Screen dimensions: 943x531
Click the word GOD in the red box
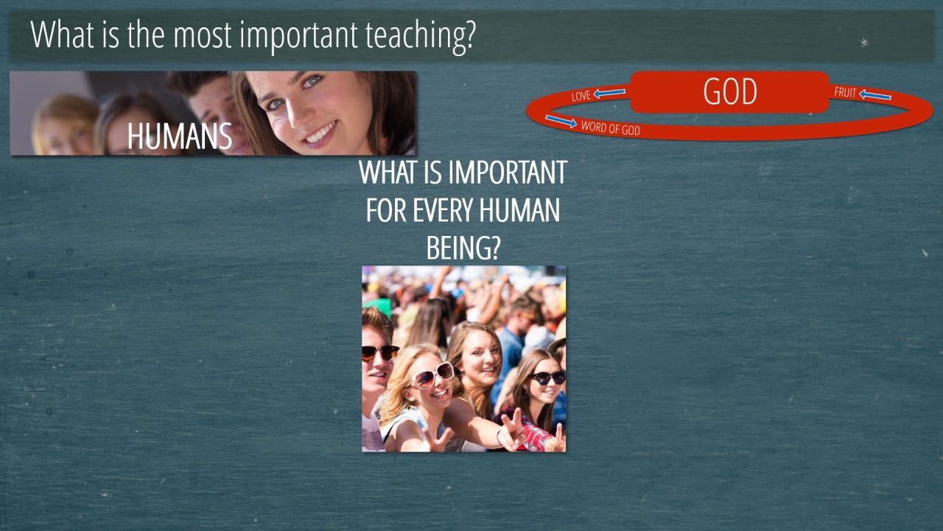730,91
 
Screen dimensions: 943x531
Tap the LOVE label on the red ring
581,96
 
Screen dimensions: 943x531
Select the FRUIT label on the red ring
845,92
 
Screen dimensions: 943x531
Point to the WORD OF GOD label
611,128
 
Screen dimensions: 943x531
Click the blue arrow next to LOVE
609,93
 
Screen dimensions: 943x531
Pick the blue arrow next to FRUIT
875,95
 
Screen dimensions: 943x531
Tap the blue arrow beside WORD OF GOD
561,121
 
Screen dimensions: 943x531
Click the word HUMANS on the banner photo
179,136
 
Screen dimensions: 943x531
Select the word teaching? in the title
420,35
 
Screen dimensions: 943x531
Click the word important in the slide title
298,36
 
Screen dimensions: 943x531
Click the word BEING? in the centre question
463,249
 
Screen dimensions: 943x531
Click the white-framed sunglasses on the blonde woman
431,375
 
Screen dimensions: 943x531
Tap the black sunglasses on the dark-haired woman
547,377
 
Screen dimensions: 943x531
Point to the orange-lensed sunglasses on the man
379,353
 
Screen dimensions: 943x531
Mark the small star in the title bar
864,42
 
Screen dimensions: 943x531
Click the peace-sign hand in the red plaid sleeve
512,430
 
